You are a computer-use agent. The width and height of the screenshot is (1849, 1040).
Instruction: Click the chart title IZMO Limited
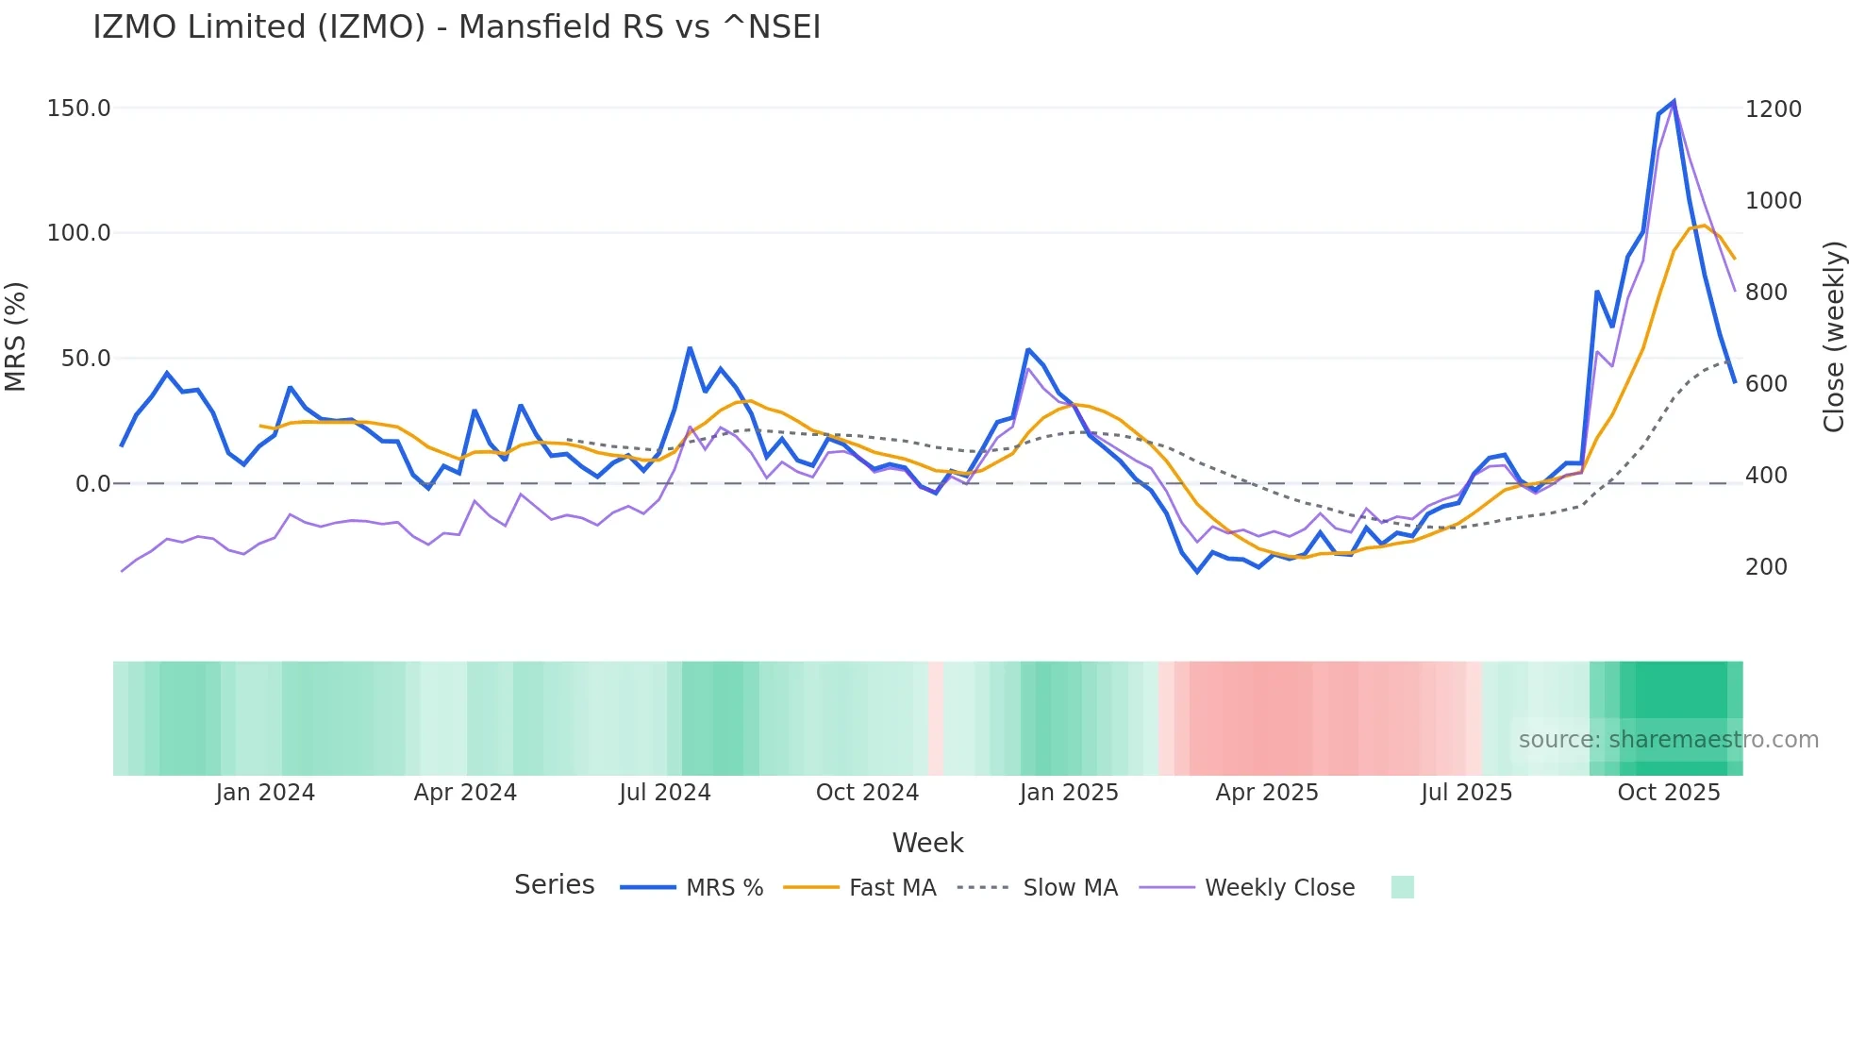point(457,27)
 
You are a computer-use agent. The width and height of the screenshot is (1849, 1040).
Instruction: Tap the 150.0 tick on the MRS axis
point(78,109)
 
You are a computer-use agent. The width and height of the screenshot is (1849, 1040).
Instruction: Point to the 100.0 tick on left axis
point(78,233)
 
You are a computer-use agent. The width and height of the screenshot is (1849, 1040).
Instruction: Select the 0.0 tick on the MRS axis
point(92,484)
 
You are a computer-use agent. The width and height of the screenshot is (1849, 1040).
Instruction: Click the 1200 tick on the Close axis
point(1773,109)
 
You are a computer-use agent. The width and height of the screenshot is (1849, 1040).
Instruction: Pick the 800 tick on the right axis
point(1766,293)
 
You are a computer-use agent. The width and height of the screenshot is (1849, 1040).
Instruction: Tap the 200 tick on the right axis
point(1766,567)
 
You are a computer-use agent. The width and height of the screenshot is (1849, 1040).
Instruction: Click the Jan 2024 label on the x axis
point(265,793)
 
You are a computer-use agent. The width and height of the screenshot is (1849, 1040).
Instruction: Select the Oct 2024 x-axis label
point(867,793)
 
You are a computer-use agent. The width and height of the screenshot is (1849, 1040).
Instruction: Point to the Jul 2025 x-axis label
point(1466,793)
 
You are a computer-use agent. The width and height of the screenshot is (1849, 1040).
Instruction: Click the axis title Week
point(927,843)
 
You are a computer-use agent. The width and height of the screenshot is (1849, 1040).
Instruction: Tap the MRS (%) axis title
point(15,337)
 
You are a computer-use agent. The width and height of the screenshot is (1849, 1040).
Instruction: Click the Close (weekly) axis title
point(1833,337)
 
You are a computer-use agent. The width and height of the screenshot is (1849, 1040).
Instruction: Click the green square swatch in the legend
point(1402,887)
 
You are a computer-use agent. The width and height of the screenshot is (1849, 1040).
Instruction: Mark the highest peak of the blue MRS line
point(1674,101)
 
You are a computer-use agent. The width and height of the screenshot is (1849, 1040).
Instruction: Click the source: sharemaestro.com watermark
point(1668,740)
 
